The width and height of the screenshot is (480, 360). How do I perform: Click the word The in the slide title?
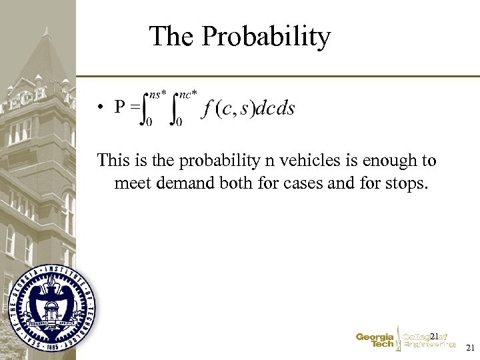point(172,36)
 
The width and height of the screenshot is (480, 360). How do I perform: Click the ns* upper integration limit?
point(157,95)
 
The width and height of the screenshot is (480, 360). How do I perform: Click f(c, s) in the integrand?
point(229,109)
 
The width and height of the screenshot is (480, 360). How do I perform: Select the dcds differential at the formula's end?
point(275,109)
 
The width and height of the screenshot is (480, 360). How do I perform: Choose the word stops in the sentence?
point(403,182)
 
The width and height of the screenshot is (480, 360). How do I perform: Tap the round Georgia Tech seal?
point(52,307)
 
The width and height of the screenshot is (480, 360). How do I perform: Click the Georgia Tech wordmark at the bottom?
point(375,341)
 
